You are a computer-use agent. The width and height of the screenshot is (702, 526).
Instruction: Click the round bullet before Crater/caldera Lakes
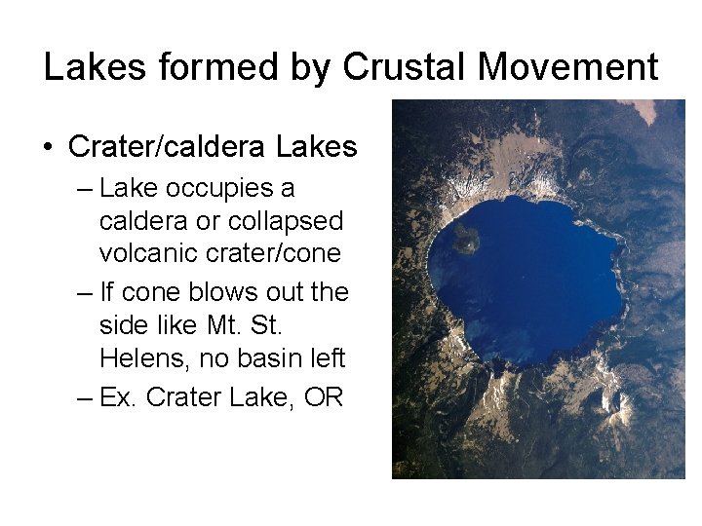(47, 148)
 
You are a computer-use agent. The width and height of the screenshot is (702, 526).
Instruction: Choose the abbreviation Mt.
(263, 324)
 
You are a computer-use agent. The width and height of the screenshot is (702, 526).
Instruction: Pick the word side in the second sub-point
(121, 324)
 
